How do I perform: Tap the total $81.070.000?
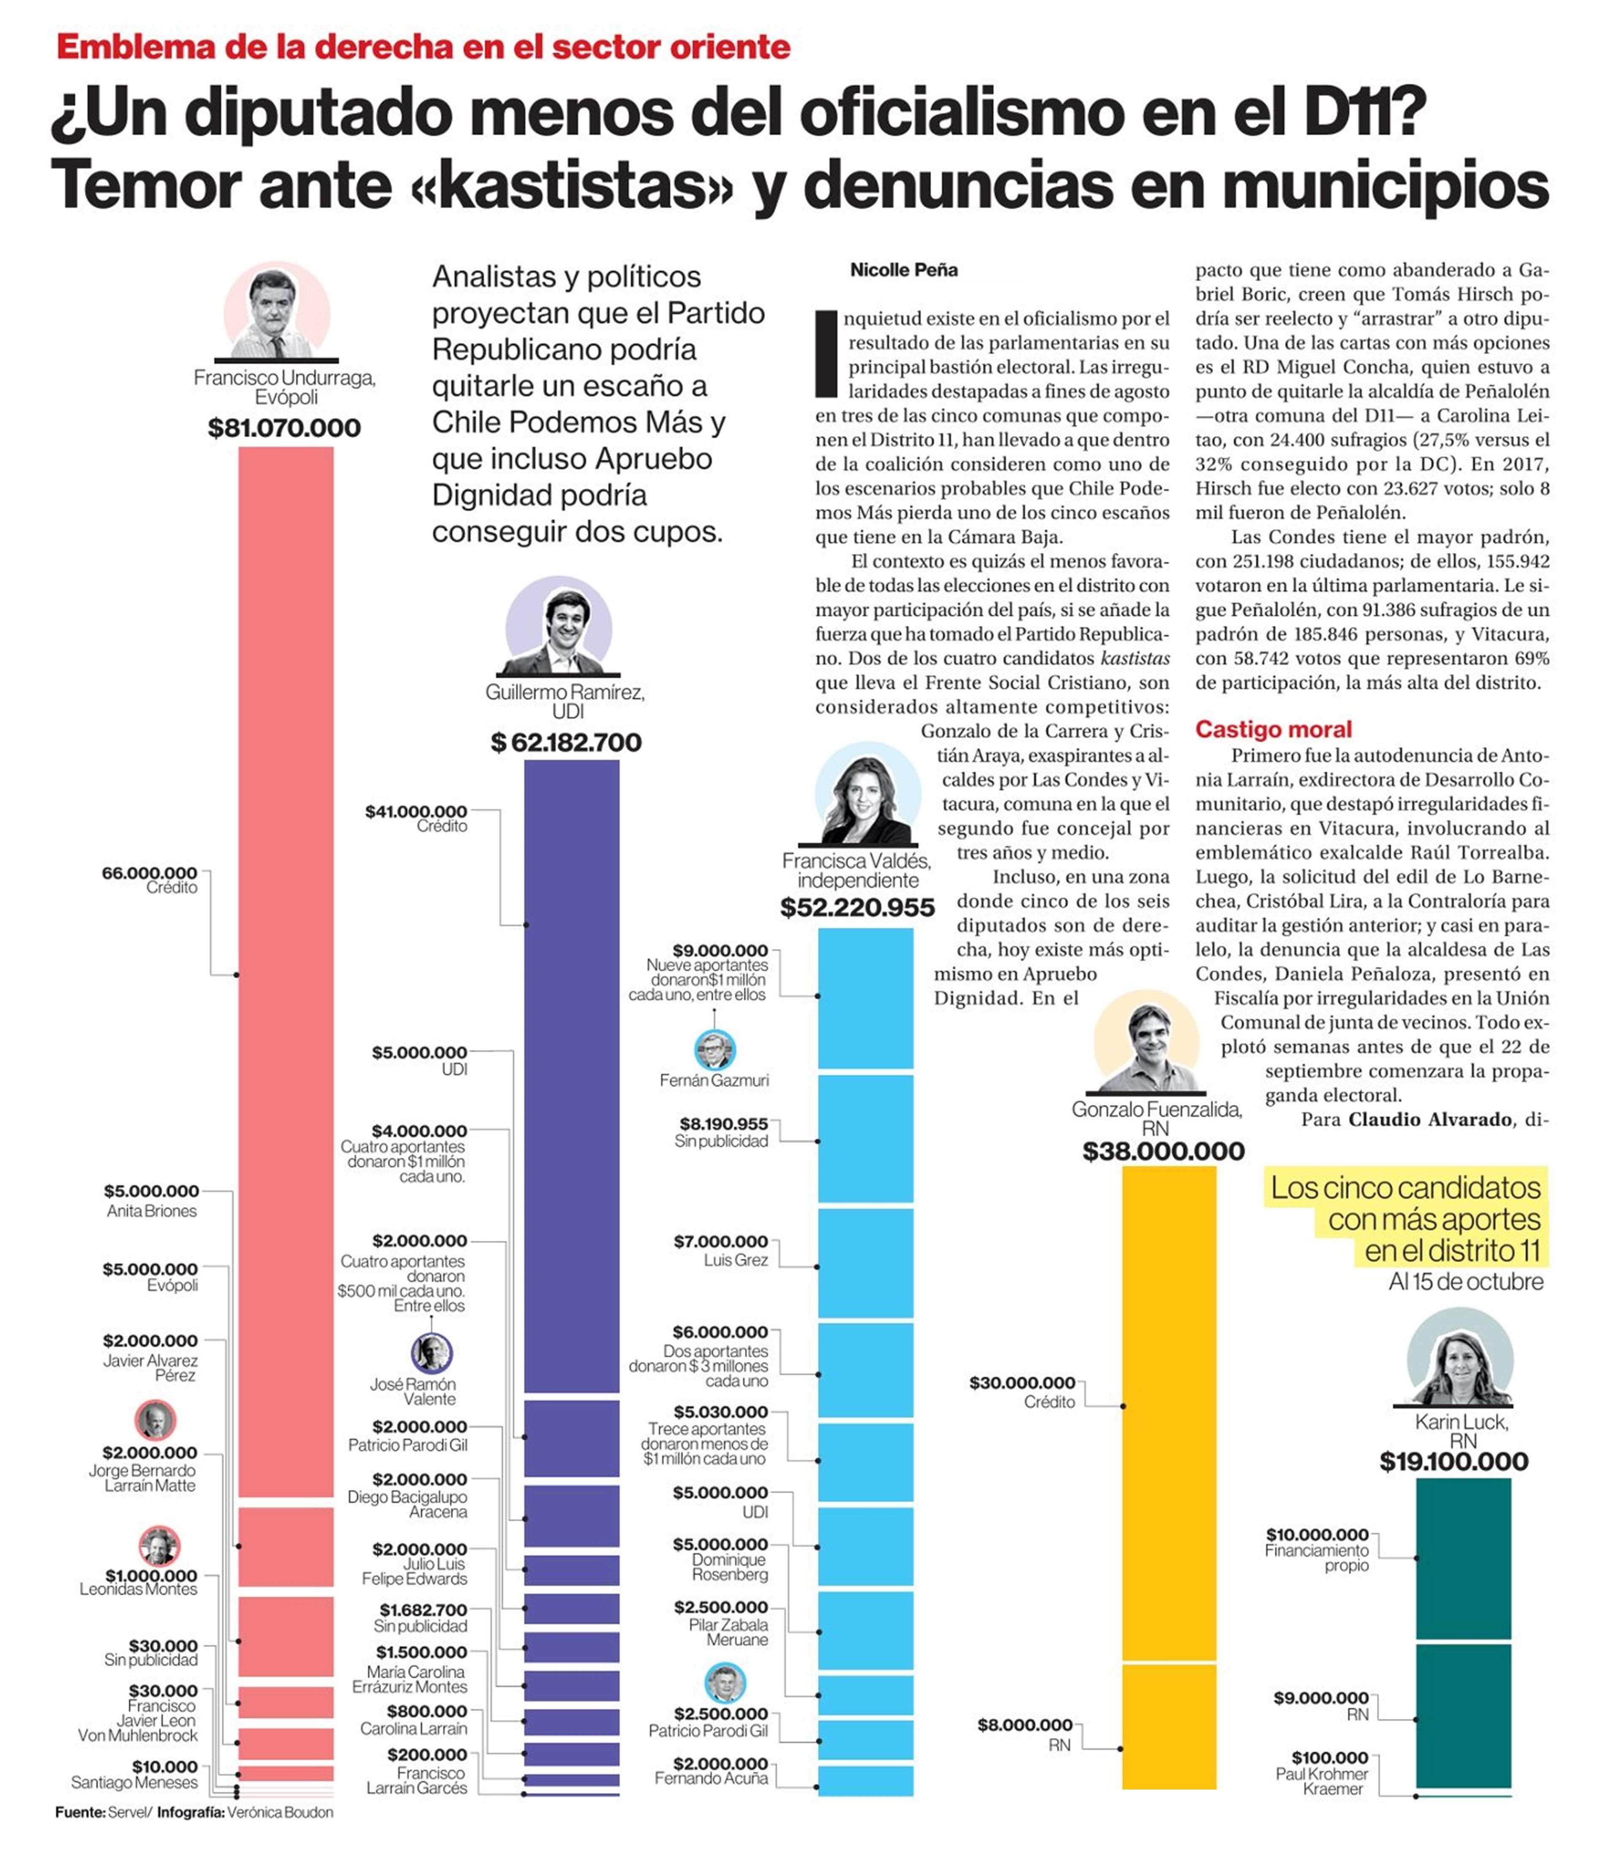tap(284, 428)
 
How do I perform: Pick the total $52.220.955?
tap(857, 908)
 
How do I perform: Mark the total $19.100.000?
tap(1454, 1462)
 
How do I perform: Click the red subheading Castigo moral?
tap(1273, 729)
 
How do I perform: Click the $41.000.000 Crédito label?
tap(417, 818)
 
